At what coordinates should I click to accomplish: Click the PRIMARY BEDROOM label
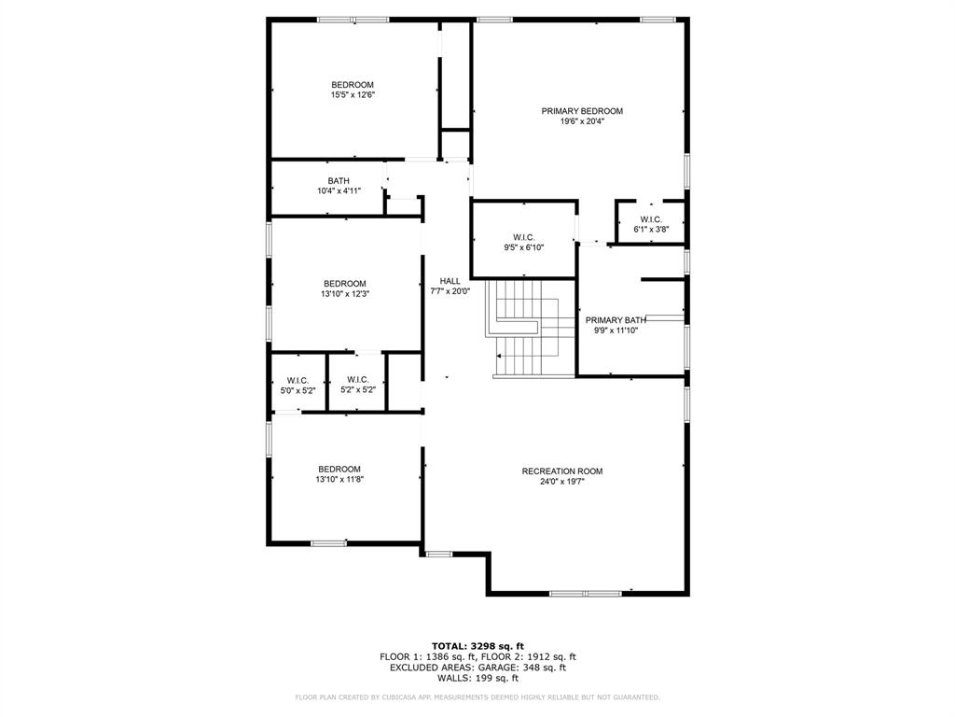582,111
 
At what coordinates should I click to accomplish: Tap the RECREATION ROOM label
562,471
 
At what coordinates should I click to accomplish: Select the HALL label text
450,281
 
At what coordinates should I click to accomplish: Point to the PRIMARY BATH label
616,320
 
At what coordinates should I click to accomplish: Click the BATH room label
339,181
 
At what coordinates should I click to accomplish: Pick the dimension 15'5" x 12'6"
353,95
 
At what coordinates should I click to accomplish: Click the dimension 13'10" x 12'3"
345,294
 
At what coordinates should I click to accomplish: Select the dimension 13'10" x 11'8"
339,479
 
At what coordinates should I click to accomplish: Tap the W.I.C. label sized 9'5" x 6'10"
523,237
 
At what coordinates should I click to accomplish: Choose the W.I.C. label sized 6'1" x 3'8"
651,219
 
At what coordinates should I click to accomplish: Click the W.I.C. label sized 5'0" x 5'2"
298,380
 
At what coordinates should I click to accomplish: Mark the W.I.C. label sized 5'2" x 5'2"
358,380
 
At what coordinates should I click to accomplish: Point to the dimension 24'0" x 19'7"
562,482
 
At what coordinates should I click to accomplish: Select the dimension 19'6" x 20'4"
582,121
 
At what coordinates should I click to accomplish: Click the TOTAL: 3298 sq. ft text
477,646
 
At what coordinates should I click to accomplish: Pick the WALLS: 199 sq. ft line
477,679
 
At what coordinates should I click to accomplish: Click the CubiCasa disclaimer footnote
477,697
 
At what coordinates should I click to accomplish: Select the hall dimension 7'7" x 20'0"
450,291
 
